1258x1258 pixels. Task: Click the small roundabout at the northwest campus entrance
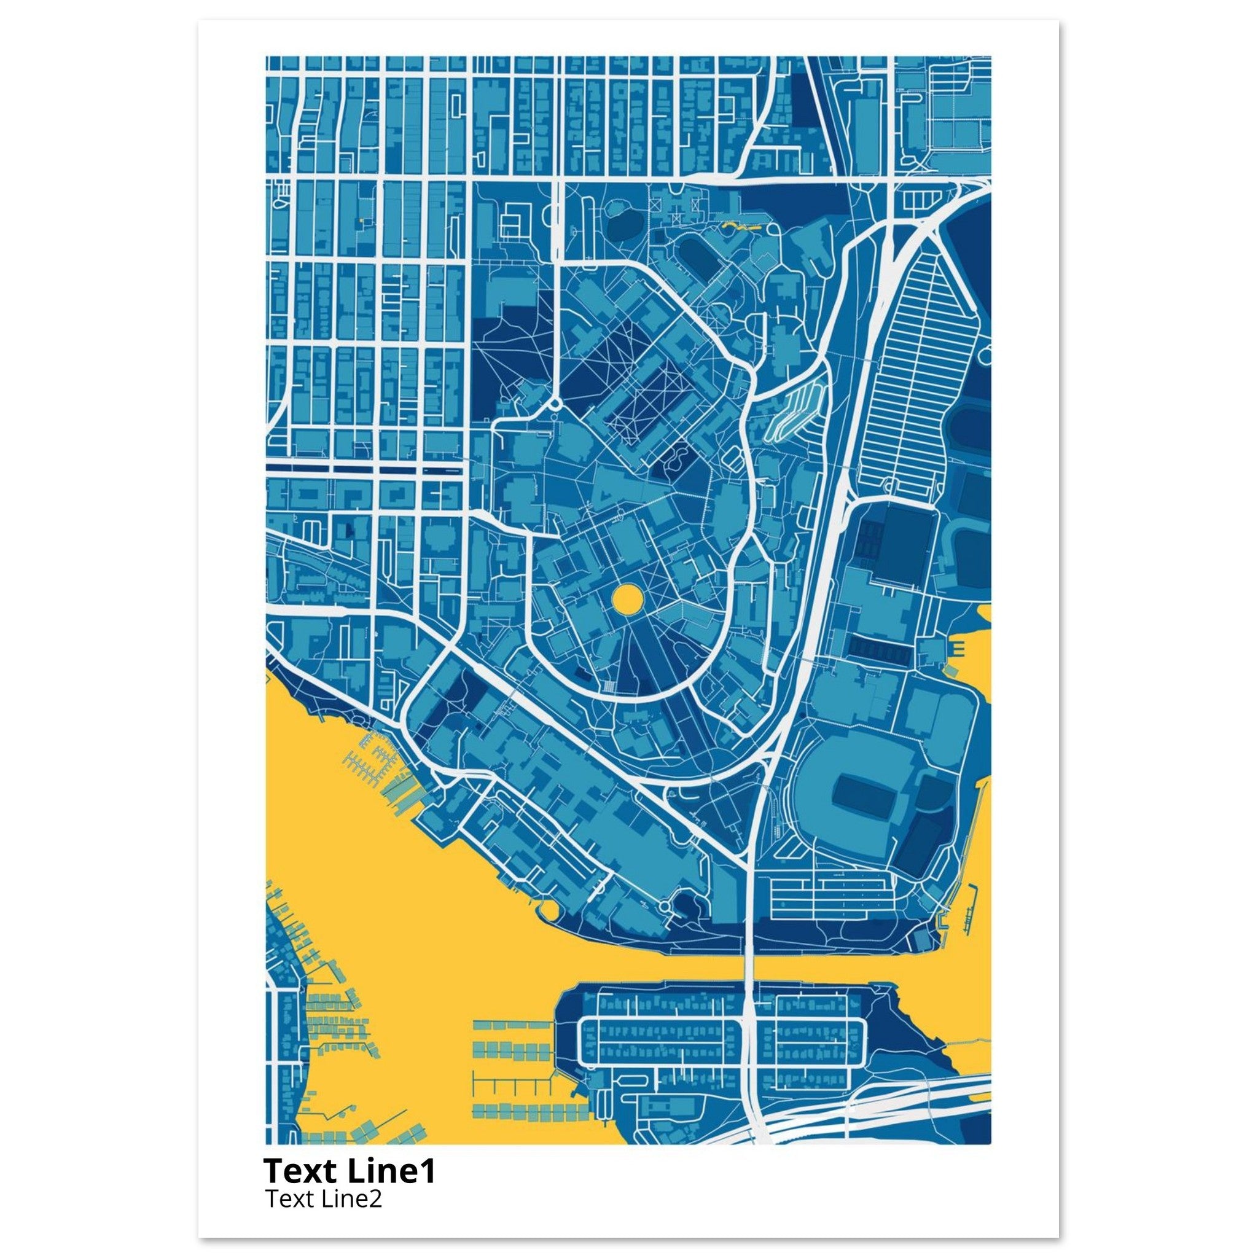(x=554, y=404)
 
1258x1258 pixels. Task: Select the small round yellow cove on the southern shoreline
(x=545, y=908)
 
